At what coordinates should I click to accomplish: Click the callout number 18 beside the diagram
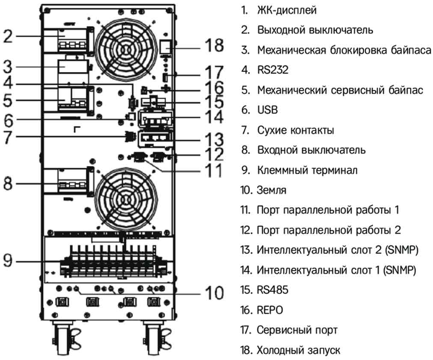[213, 45]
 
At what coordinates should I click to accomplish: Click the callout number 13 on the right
[213, 139]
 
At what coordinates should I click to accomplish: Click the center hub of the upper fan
[125, 49]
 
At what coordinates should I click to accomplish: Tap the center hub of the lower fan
[125, 199]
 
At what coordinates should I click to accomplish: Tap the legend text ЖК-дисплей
[287, 10]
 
